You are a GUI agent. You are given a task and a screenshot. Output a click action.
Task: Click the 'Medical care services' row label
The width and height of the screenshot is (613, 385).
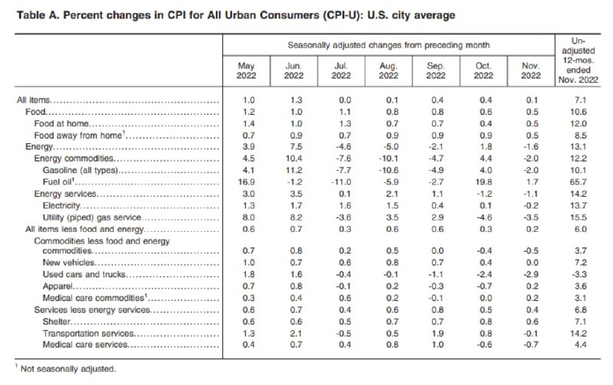coord(83,344)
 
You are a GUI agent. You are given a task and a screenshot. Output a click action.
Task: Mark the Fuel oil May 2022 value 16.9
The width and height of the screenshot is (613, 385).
coord(248,183)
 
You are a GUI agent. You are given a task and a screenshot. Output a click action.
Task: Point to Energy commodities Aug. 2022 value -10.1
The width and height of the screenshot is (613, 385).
coord(387,159)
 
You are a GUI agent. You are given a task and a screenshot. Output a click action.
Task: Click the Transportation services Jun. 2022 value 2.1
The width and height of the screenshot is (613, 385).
coord(295,333)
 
